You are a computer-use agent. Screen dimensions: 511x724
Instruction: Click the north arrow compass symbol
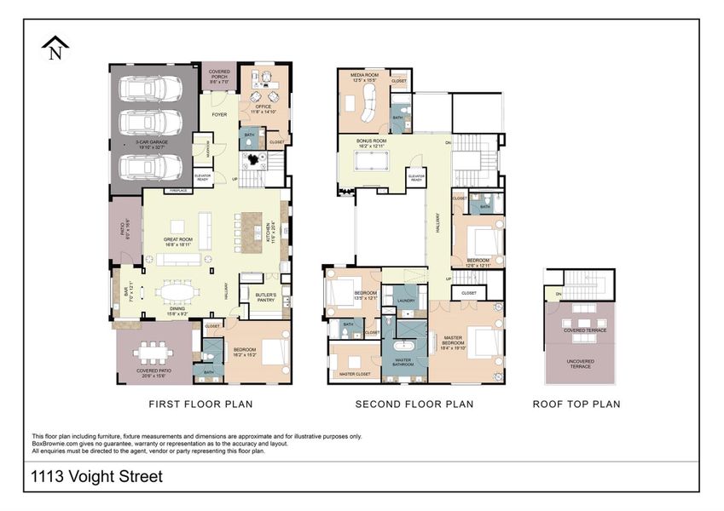point(55,47)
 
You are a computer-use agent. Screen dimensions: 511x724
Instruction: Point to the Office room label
point(262,108)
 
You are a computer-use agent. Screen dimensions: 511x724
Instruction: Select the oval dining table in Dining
point(180,292)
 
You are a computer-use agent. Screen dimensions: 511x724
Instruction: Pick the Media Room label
point(363,78)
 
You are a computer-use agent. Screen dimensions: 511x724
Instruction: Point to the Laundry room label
point(406,301)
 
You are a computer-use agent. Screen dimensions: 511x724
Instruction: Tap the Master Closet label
point(354,374)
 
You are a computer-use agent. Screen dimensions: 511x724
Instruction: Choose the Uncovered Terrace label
point(581,364)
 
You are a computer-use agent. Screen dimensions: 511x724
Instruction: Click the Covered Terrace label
point(581,329)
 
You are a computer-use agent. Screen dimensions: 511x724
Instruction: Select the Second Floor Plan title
point(414,404)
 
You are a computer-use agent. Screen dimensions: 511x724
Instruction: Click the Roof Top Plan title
point(576,404)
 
